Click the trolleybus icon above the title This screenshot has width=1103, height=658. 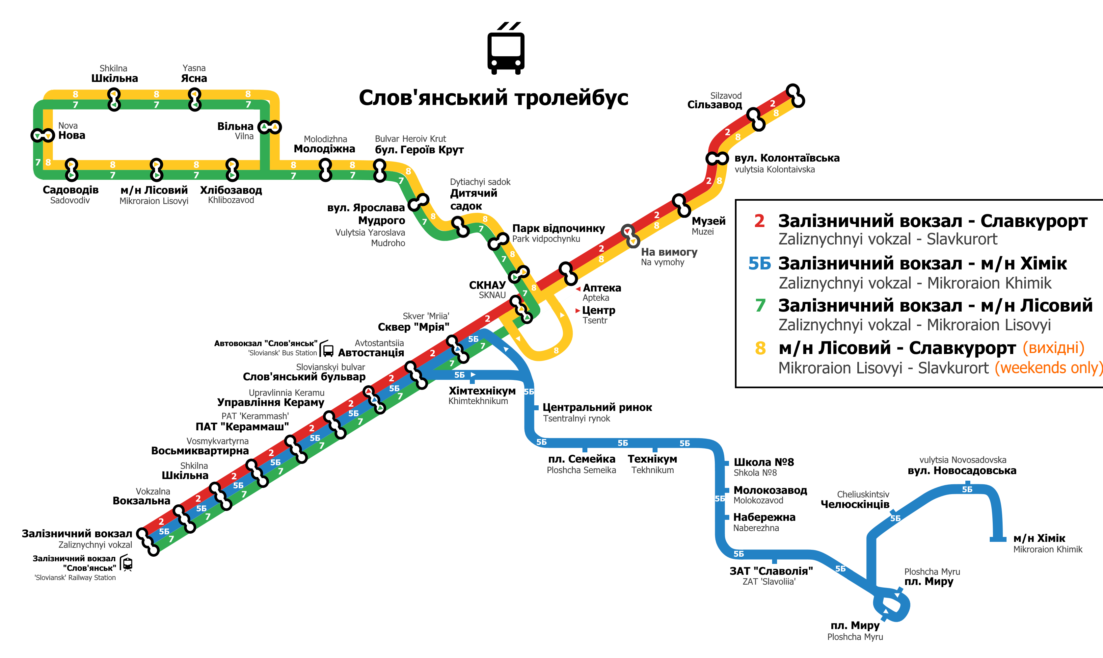[x=506, y=49]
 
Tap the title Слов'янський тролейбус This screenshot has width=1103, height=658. [x=493, y=97]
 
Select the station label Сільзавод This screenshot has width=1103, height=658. [x=714, y=105]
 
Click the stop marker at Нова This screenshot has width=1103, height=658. [x=42, y=135]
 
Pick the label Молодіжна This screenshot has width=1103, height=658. [x=324, y=149]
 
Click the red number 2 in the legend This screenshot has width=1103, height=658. [x=759, y=221]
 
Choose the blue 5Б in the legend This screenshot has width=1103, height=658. [x=760, y=264]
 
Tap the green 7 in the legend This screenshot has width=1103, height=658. [x=760, y=306]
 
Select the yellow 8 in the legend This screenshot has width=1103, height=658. [x=760, y=348]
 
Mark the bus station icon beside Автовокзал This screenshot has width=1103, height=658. [x=327, y=349]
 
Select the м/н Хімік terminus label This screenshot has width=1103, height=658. [x=1039, y=538]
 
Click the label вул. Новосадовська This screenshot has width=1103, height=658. [x=961, y=470]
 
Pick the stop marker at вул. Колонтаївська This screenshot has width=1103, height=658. [x=717, y=158]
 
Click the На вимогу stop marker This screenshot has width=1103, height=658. [x=630, y=236]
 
